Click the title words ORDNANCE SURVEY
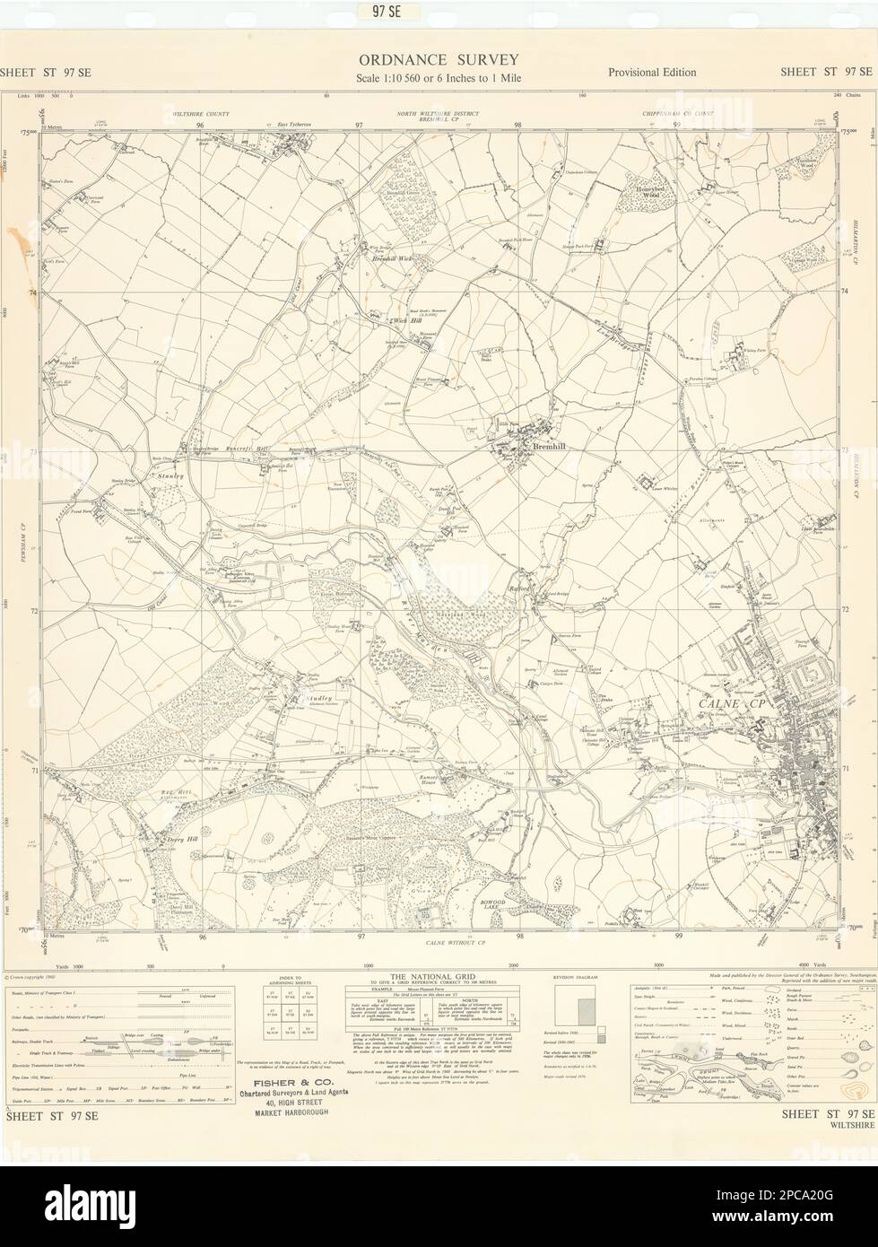point(439,60)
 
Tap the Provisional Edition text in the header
point(651,73)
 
